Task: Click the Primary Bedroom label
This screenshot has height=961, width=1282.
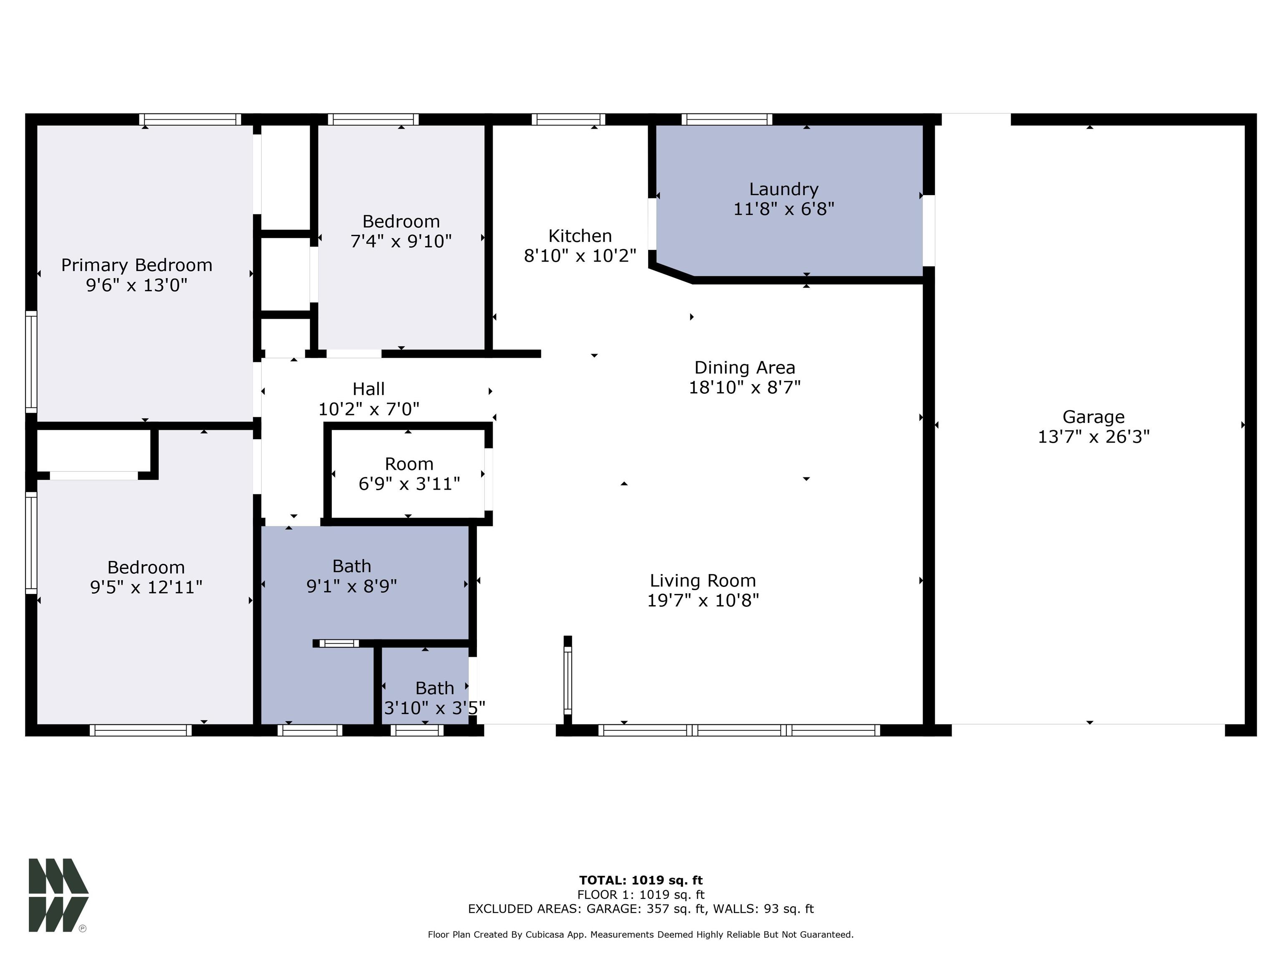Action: pyautogui.click(x=137, y=265)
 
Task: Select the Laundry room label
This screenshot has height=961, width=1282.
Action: pyautogui.click(x=784, y=189)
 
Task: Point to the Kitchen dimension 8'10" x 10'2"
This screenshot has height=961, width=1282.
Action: pyautogui.click(x=580, y=255)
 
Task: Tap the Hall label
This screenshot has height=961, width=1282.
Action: pyautogui.click(x=368, y=389)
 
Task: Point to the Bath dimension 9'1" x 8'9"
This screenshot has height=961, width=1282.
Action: pyautogui.click(x=352, y=586)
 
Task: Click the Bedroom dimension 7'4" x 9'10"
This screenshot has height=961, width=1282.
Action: pyautogui.click(x=401, y=241)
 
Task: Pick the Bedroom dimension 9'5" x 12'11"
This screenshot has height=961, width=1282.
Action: pyautogui.click(x=146, y=587)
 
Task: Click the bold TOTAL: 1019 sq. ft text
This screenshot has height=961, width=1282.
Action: pyautogui.click(x=641, y=880)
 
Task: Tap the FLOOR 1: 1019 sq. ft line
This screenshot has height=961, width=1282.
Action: pyautogui.click(x=641, y=895)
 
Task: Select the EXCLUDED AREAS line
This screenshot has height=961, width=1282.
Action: pyautogui.click(x=641, y=909)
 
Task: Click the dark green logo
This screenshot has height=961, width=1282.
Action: pyautogui.click(x=58, y=896)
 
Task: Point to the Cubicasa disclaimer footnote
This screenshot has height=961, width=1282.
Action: pyautogui.click(x=641, y=934)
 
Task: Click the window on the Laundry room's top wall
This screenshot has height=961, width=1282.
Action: pyautogui.click(x=727, y=119)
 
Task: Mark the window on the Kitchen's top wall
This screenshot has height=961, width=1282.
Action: pyautogui.click(x=568, y=119)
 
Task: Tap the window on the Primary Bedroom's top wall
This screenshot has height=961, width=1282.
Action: pyautogui.click(x=190, y=119)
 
